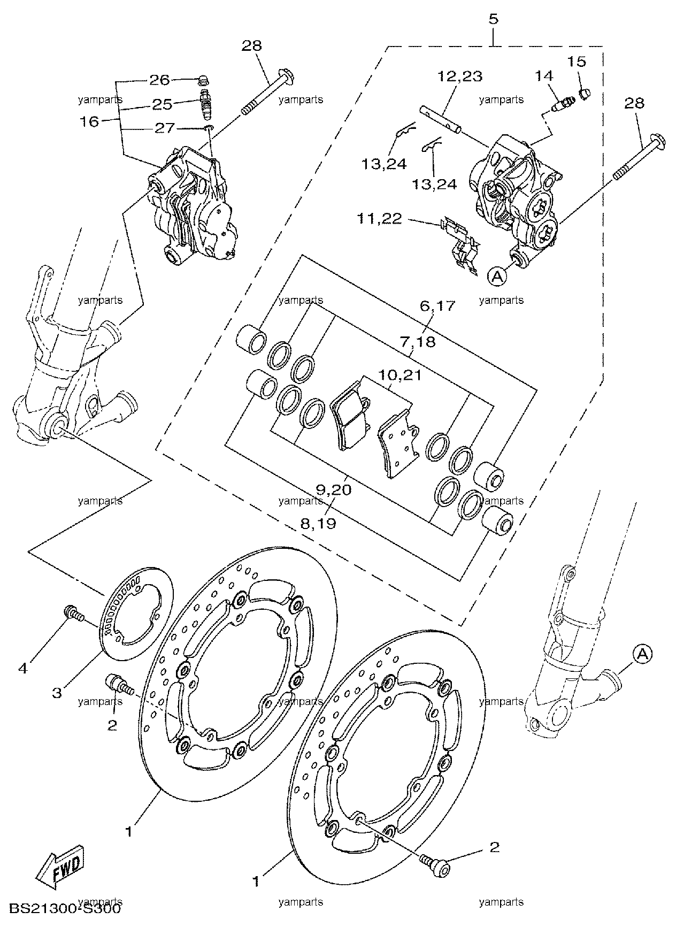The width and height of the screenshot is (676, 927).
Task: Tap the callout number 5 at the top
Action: pos(493,19)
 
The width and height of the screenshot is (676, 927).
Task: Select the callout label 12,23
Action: pos(459,76)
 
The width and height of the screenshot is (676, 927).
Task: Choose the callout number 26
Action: pos(159,80)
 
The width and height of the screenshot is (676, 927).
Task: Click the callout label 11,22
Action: pos(380,219)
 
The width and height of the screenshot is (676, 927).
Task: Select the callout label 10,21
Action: pos(401,376)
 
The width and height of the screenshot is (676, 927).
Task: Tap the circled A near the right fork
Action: pos(643,654)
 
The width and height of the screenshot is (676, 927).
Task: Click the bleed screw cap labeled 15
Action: pos(585,93)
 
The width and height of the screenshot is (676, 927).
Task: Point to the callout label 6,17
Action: pos(437,306)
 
